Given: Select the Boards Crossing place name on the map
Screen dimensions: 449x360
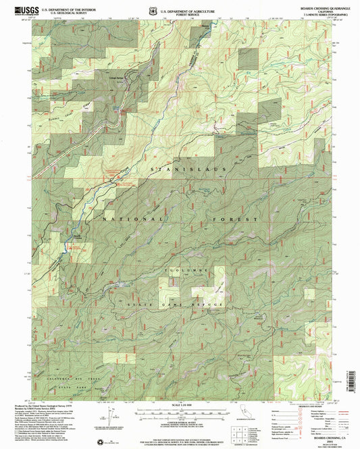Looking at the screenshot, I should [80, 235].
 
